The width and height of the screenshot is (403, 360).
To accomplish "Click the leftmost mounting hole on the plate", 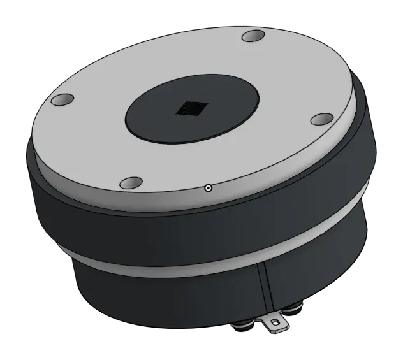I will tap(62, 101).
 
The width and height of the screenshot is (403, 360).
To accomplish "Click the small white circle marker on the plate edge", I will tap(208, 188).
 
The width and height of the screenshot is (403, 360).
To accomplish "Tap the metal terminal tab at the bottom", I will tap(275, 324).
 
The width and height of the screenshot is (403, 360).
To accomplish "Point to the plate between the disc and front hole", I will tap(153, 162).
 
